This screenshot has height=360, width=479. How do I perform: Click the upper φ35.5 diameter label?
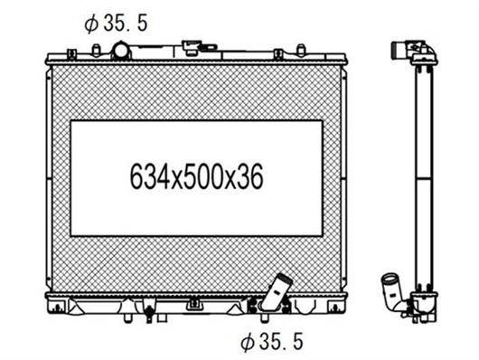pyautogui.click(x=116, y=24)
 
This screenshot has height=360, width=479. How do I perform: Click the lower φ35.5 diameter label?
pyautogui.click(x=271, y=342)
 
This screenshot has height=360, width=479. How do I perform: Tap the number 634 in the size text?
pyautogui.click(x=150, y=177)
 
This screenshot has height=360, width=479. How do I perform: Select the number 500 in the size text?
pyautogui.click(x=203, y=177)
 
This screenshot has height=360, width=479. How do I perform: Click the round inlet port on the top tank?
pyautogui.click(x=120, y=51)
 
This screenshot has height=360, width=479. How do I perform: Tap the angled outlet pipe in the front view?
pyautogui.click(x=277, y=291)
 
